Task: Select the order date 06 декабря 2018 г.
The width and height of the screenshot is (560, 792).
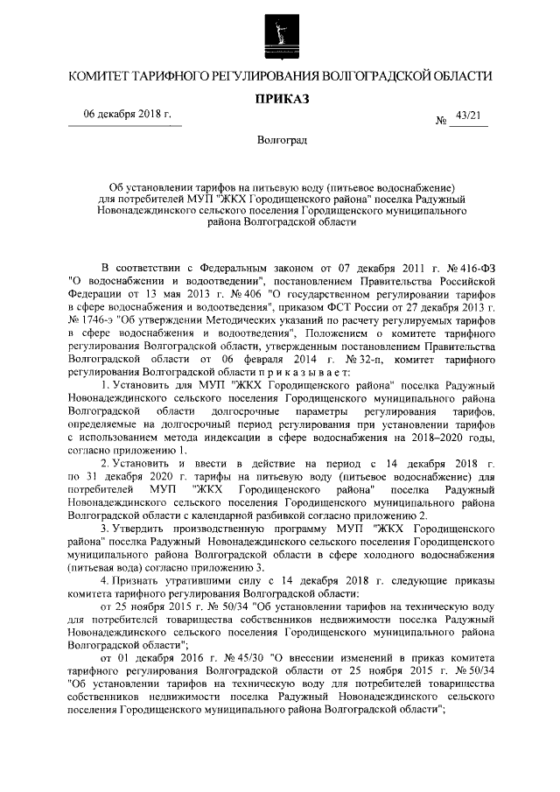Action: [x=126, y=116]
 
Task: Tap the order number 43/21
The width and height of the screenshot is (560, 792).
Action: [x=469, y=116]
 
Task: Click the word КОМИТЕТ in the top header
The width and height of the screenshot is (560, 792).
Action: [x=106, y=77]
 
